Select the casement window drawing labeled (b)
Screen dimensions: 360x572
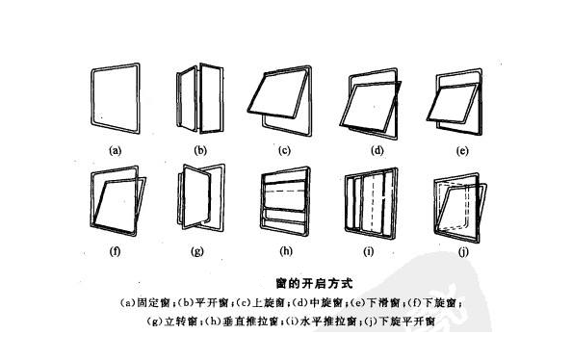(x=200, y=101)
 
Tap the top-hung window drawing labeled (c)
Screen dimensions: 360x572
(x=284, y=101)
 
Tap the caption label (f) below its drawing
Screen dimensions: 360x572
(x=116, y=253)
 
